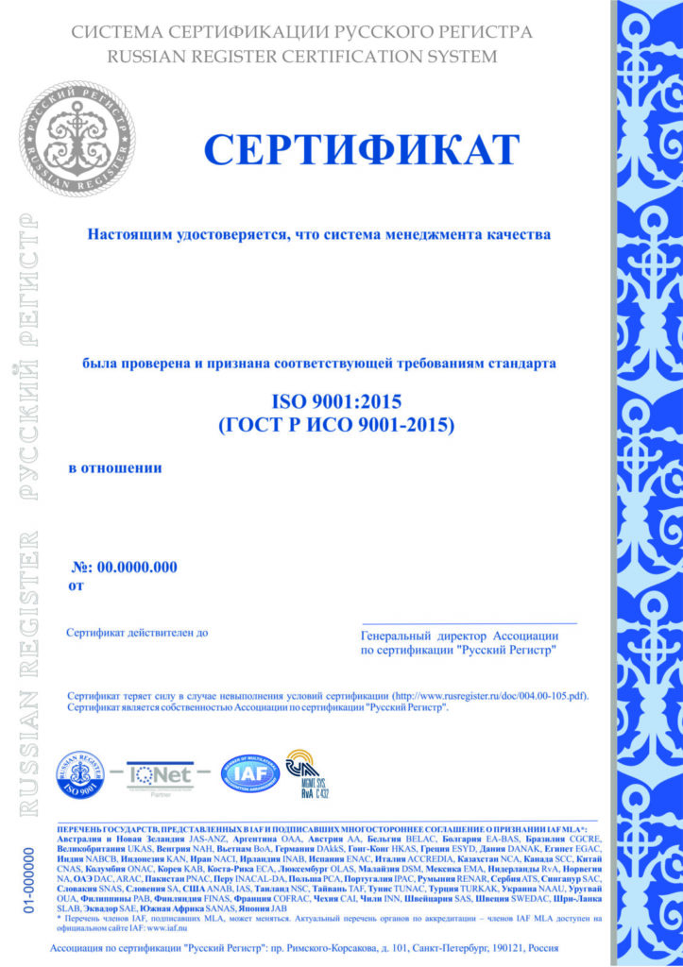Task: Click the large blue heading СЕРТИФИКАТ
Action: pyautogui.click(x=362, y=150)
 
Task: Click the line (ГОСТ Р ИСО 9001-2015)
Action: pyautogui.click(x=336, y=425)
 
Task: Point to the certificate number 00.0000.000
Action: pyautogui.click(x=137, y=567)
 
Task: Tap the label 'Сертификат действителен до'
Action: pyautogui.click(x=136, y=632)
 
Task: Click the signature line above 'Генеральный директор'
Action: pyautogui.click(x=470, y=623)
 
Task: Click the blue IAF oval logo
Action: pyautogui.click(x=250, y=773)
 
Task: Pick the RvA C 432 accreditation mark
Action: pyautogui.click(x=306, y=773)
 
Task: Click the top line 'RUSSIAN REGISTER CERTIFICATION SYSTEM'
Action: pyautogui.click(x=302, y=57)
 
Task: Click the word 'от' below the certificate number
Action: pyautogui.click(x=77, y=585)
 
